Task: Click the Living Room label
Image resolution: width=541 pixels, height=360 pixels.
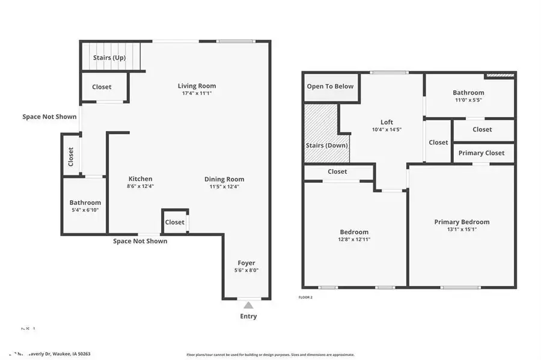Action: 197,86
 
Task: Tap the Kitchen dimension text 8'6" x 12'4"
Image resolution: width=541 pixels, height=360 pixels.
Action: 140,186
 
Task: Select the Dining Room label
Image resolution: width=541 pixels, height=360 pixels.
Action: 224,179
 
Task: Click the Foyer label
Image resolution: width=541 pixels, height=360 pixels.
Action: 246,263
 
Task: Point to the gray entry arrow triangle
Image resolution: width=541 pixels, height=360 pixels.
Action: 248,305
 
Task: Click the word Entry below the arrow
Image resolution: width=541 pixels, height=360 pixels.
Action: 248,316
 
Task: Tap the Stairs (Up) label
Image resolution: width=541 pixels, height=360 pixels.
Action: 109,58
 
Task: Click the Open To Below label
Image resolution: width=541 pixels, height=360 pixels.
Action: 330,87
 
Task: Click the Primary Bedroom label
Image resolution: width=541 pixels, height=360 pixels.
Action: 462,222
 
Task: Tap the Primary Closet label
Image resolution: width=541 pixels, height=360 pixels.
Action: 481,153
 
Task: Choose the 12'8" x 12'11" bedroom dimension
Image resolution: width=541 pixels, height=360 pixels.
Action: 354,239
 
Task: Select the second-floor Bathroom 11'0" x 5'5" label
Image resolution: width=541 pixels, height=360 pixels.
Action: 468,93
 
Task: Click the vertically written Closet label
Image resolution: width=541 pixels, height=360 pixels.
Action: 71,157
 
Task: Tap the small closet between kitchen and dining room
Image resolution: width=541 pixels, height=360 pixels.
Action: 175,222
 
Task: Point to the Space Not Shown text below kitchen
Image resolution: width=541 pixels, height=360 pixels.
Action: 140,241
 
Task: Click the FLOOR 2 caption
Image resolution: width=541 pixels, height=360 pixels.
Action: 306,297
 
